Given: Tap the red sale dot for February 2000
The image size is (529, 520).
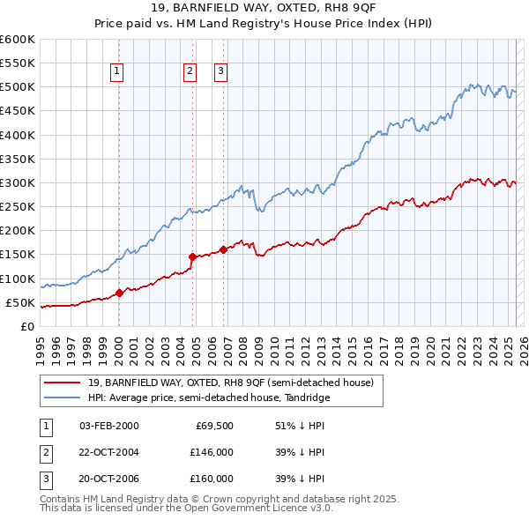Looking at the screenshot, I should coord(119,293).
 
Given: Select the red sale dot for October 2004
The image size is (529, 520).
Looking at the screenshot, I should coord(192,256).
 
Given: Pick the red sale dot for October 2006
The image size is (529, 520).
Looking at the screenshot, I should coord(223,249).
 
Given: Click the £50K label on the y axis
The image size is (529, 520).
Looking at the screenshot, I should coord(19,302).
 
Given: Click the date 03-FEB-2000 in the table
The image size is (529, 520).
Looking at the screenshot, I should coord(109,427).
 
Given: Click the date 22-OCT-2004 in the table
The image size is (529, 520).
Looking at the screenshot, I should coord(109,452).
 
